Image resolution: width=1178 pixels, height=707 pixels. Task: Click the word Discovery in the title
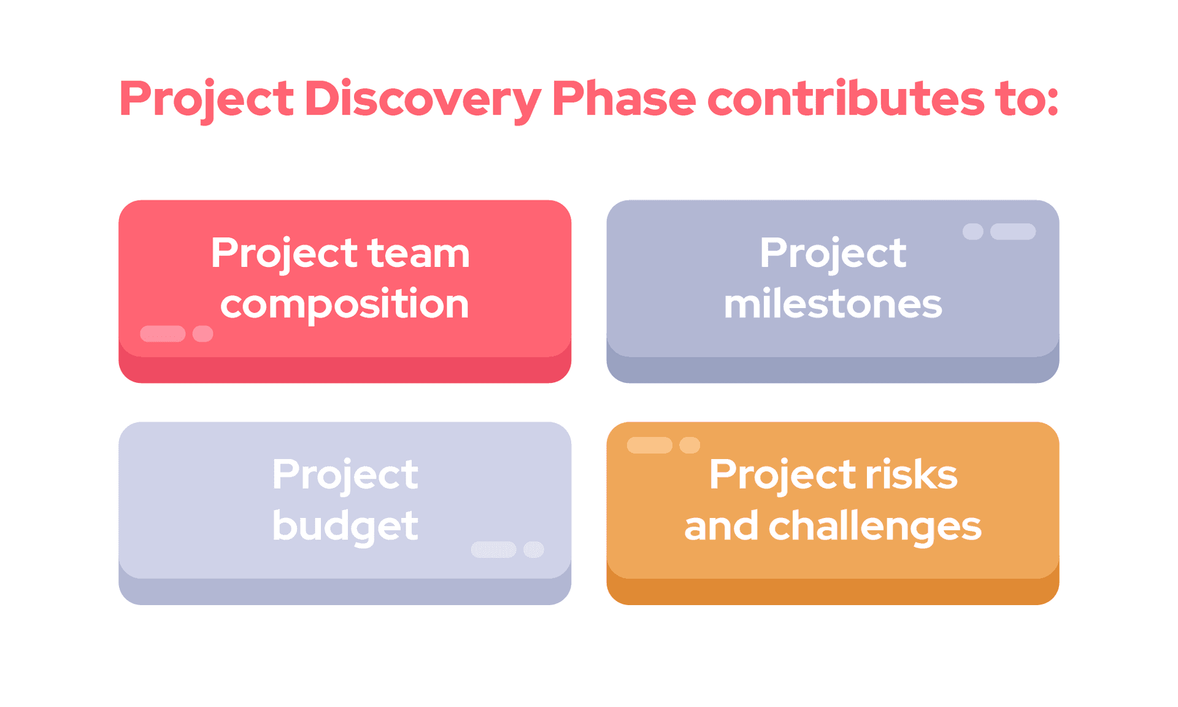[422, 99]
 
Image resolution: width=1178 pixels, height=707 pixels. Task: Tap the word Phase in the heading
[623, 99]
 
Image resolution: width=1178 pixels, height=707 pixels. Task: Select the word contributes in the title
[845, 99]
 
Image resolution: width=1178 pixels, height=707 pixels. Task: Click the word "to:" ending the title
[1028, 99]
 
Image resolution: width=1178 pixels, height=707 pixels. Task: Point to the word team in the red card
[418, 253]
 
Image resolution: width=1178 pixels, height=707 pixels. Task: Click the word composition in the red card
[345, 304]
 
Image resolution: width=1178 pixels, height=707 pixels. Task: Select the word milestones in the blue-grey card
[833, 304]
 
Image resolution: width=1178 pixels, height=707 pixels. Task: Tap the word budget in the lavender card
[345, 526]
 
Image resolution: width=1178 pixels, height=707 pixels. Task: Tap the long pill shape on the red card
[163, 333]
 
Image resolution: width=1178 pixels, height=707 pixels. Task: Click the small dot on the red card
[202, 333]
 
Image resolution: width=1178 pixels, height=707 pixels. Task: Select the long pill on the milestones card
[1012, 231]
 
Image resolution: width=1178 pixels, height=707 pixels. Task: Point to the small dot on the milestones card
[972, 231]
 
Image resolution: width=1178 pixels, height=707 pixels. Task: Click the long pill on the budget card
[493, 549]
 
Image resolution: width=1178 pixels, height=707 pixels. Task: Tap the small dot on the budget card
[533, 549]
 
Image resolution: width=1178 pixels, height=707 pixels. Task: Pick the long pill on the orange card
[649, 445]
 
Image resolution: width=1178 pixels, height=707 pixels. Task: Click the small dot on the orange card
[690, 445]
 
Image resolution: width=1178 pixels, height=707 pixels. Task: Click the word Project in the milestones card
[833, 253]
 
